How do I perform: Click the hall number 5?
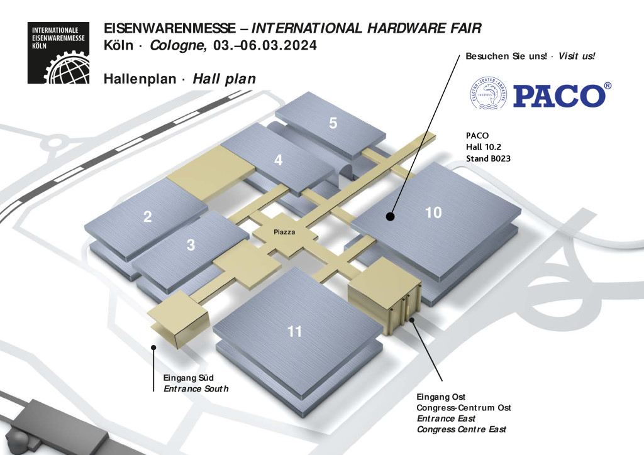tap(333, 123)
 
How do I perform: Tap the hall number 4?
tap(279, 160)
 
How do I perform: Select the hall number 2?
tap(147, 217)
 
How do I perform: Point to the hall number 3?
tap(191, 245)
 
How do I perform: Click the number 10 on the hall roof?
tap(433, 212)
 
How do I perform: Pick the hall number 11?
tap(294, 331)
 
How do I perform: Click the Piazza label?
tap(284, 233)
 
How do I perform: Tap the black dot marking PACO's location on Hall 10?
tap(390, 216)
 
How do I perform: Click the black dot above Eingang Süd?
tap(153, 347)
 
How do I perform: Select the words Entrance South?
tap(196, 388)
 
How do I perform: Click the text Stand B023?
tap(488, 158)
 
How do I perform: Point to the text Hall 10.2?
tap(484, 147)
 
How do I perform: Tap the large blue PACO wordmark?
tap(559, 96)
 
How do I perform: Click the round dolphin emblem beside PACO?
tap(488, 94)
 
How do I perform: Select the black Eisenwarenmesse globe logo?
tap(58, 53)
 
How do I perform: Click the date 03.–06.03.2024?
tap(265, 45)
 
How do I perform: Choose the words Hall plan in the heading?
tap(225, 79)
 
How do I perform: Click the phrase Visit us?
tap(576, 56)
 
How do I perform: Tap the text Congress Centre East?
tap(461, 429)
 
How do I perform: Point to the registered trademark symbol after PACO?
tap(608, 85)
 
